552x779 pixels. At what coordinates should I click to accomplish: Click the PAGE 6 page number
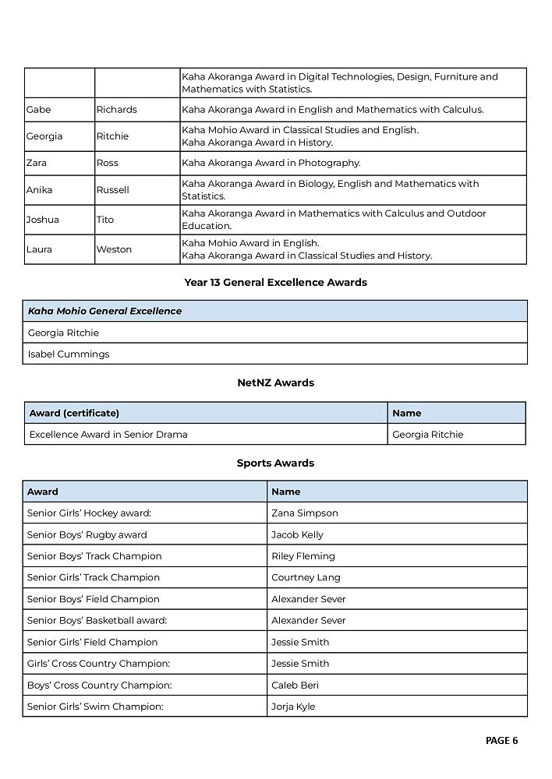[x=501, y=741]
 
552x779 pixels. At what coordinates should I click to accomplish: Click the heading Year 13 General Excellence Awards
[x=275, y=283]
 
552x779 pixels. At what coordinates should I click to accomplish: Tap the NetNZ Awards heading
[x=275, y=382]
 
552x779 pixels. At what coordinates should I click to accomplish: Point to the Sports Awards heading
[x=275, y=463]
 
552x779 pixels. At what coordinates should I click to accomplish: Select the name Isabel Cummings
[x=69, y=354]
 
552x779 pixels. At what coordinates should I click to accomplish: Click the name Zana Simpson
[x=304, y=513]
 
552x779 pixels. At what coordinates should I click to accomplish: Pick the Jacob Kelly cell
[x=297, y=534]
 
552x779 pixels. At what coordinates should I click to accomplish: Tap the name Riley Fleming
[x=303, y=556]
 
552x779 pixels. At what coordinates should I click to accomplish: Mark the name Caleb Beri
[x=295, y=685]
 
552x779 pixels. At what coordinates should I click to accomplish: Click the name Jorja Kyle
[x=293, y=707]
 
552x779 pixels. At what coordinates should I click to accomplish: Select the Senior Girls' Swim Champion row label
[x=95, y=707]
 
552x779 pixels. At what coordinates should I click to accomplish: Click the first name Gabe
[x=38, y=110]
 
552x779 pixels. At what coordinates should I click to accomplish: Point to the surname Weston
[x=114, y=249]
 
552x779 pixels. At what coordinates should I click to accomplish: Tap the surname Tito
[x=105, y=220]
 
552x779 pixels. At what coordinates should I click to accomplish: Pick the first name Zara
[x=37, y=163]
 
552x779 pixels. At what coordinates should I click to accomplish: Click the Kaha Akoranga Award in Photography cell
[x=271, y=163]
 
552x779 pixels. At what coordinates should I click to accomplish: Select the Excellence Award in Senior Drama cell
[x=108, y=434]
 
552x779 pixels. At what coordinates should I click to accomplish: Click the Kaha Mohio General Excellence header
[x=104, y=311]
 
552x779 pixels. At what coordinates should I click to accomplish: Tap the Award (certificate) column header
[x=74, y=413]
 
